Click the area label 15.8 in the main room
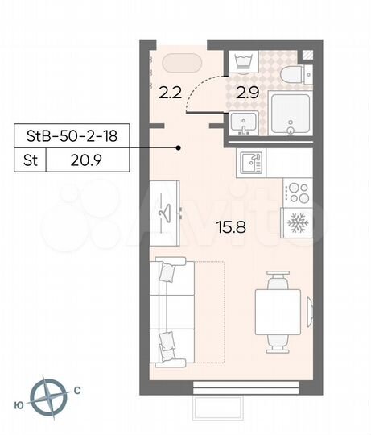pyautogui.click(x=230, y=227)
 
